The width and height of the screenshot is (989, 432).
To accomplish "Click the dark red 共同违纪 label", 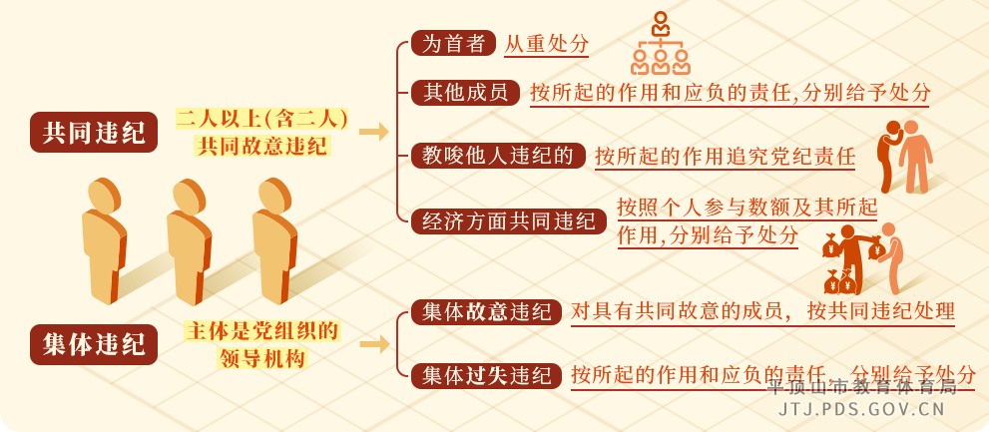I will (x=94, y=132).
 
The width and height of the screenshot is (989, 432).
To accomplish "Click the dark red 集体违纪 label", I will (x=94, y=344).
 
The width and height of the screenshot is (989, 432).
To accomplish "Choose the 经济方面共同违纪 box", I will (x=508, y=220).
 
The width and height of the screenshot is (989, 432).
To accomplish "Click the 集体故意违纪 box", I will (x=486, y=311).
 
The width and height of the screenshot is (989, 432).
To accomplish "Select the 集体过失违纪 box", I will (x=486, y=375).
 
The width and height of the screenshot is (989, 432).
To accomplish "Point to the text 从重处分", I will (x=546, y=44).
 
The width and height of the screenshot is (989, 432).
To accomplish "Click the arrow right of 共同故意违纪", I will (x=373, y=132).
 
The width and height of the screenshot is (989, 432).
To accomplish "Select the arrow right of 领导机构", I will (x=373, y=344).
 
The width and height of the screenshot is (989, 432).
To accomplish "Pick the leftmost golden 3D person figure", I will (x=103, y=239).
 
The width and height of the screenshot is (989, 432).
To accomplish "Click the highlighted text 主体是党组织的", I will (x=261, y=330).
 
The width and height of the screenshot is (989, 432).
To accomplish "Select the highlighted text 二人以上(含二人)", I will (x=261, y=119).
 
